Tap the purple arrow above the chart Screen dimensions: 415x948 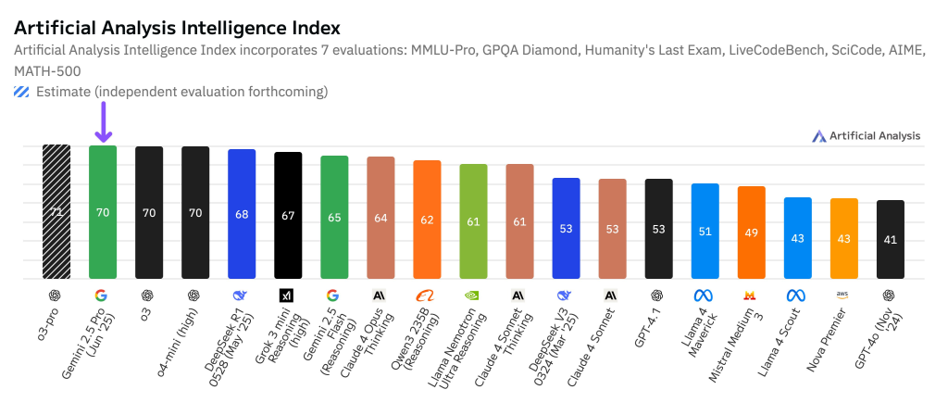tap(103, 123)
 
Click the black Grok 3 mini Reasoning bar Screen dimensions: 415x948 tap(288, 215)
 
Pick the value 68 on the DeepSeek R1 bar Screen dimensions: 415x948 tap(242, 215)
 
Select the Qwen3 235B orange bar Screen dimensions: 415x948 tap(427, 219)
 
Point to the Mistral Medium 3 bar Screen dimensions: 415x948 tap(751, 232)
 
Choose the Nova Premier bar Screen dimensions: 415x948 tap(843, 238)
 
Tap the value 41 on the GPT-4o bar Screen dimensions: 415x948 tap(890, 239)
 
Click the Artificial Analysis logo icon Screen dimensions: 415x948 tap(818, 136)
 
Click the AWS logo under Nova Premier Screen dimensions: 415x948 tap(843, 295)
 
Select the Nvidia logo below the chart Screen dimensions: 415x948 tap(473, 296)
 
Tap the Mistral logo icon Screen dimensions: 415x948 tap(751, 296)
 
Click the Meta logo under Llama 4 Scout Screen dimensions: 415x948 tap(797, 296)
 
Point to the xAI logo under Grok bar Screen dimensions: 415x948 tap(288, 296)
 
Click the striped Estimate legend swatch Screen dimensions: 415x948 tap(21, 92)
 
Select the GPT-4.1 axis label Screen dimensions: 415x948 tap(648, 330)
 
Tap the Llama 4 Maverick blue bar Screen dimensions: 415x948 tap(705, 231)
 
